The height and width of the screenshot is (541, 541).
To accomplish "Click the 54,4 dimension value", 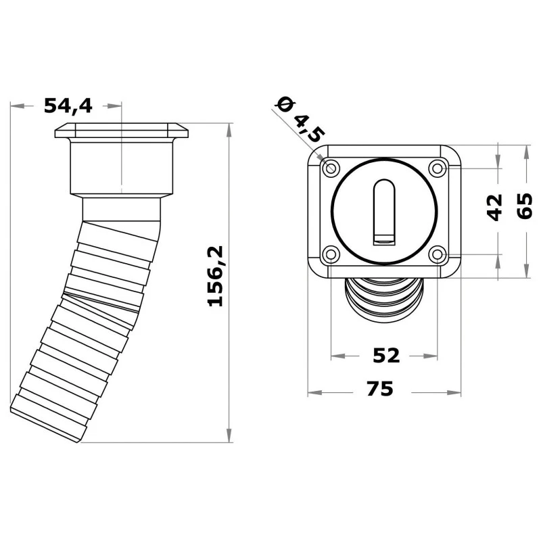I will coord(68,105).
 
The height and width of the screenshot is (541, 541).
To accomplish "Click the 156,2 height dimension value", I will coord(216,276).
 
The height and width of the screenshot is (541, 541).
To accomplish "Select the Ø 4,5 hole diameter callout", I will coord(298,119).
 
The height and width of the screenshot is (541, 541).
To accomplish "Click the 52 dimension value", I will coord(386,355).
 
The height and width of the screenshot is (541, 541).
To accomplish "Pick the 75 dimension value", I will coord(381,390).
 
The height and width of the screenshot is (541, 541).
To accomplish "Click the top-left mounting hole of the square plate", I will coord(331,167).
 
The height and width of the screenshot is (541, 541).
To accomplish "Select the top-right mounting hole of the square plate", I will coord(437,167).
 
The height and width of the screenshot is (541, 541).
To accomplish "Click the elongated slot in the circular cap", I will coord(383,206).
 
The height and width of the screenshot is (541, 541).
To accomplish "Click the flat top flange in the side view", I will coord(120,131).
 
